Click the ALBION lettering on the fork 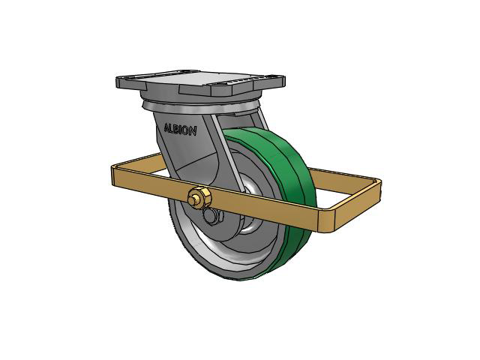pos(180,130)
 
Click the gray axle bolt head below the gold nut pos(211,216)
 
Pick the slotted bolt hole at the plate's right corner pos(274,78)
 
